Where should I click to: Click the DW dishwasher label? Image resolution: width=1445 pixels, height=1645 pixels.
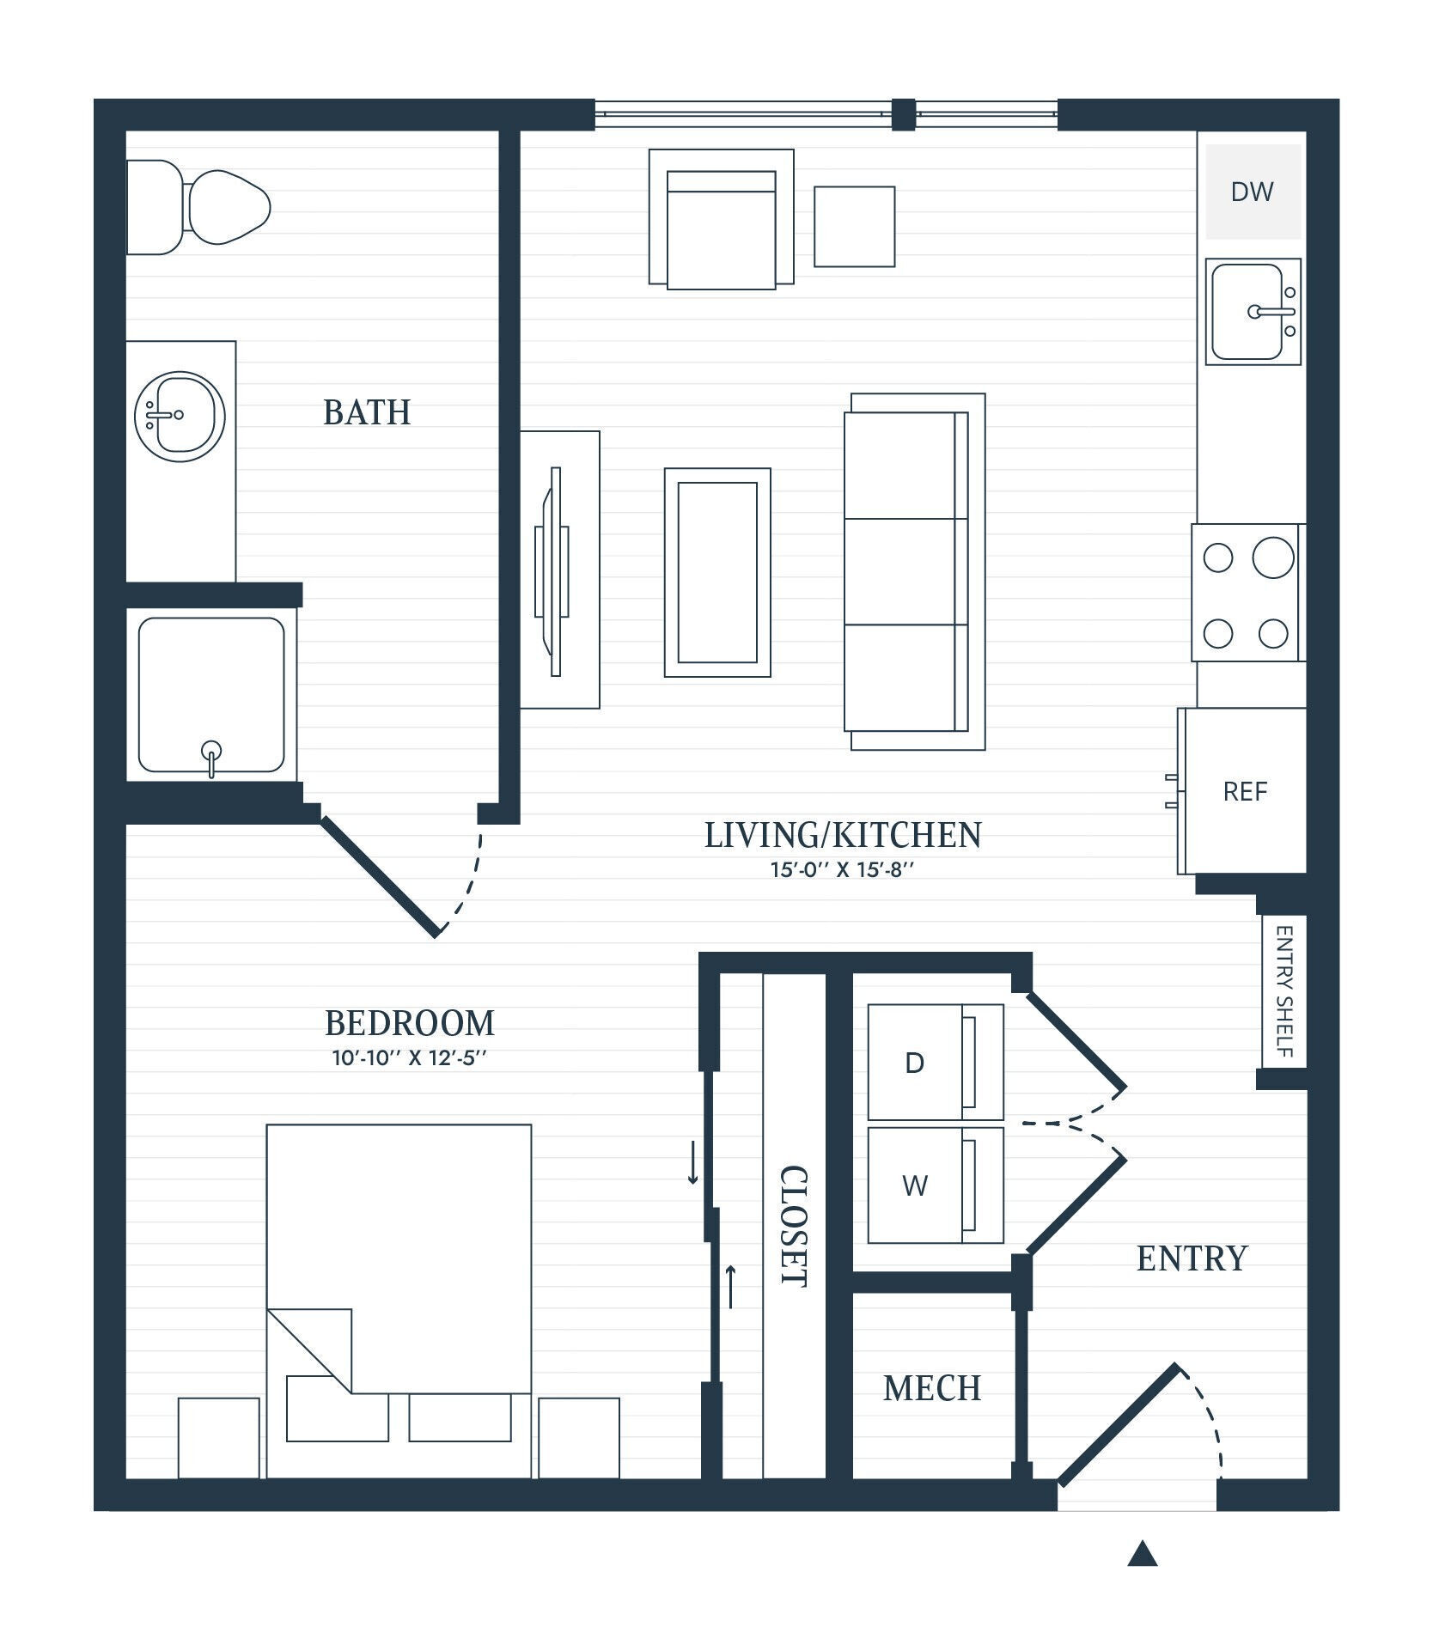1252,192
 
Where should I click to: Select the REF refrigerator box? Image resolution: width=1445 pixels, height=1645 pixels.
1245,790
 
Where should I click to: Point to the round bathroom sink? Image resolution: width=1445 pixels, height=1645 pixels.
180,416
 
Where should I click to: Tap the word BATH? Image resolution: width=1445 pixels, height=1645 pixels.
367,413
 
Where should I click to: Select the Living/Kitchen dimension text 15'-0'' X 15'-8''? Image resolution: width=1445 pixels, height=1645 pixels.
842,869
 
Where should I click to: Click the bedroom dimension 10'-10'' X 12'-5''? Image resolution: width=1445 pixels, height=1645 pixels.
410,1057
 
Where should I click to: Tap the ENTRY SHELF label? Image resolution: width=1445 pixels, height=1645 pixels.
1284,991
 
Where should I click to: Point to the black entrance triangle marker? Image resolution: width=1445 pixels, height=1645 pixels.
1142,1553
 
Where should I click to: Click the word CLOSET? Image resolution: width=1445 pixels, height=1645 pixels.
793,1226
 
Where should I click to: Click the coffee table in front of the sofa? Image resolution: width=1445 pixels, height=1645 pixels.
717,572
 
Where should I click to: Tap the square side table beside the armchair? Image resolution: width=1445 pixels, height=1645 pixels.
854,227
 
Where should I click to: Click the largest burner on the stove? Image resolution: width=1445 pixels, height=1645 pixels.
1272,557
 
